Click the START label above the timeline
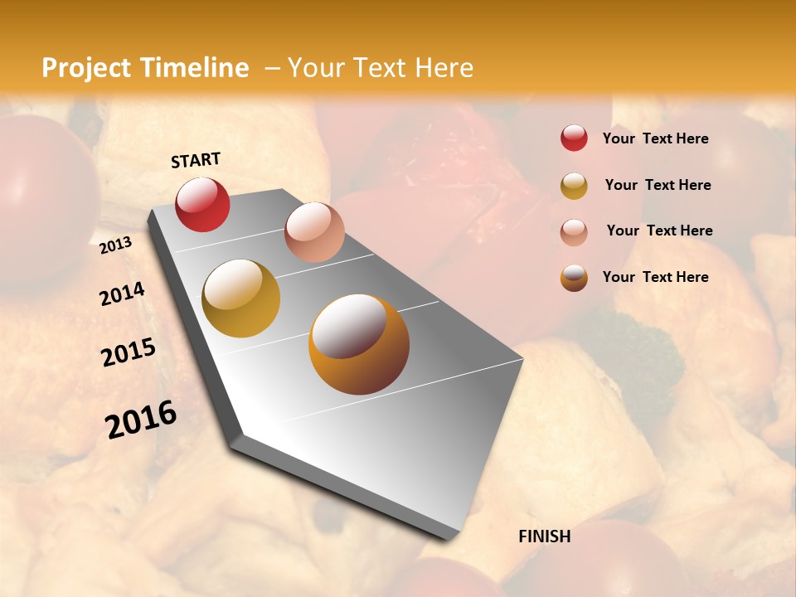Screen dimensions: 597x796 pos(196,160)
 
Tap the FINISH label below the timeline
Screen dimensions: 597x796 pos(544,536)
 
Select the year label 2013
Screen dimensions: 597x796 pos(116,245)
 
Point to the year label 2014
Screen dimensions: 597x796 pos(122,294)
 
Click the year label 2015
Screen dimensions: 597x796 pos(129,352)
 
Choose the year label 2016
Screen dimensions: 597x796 pos(141,419)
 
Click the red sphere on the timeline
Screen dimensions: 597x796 pos(202,204)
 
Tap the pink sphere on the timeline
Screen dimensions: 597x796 pos(314,231)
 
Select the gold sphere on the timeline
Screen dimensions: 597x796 pos(241,298)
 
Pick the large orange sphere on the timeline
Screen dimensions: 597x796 pos(359,343)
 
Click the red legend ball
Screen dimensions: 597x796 pos(574,138)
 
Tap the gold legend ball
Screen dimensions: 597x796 pos(574,186)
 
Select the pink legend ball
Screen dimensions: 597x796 pos(574,231)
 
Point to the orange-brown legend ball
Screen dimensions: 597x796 pos(574,278)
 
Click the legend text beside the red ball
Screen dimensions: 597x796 pos(655,138)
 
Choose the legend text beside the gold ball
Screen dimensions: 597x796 pos(658,185)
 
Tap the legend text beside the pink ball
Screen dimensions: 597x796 pos(659,231)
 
